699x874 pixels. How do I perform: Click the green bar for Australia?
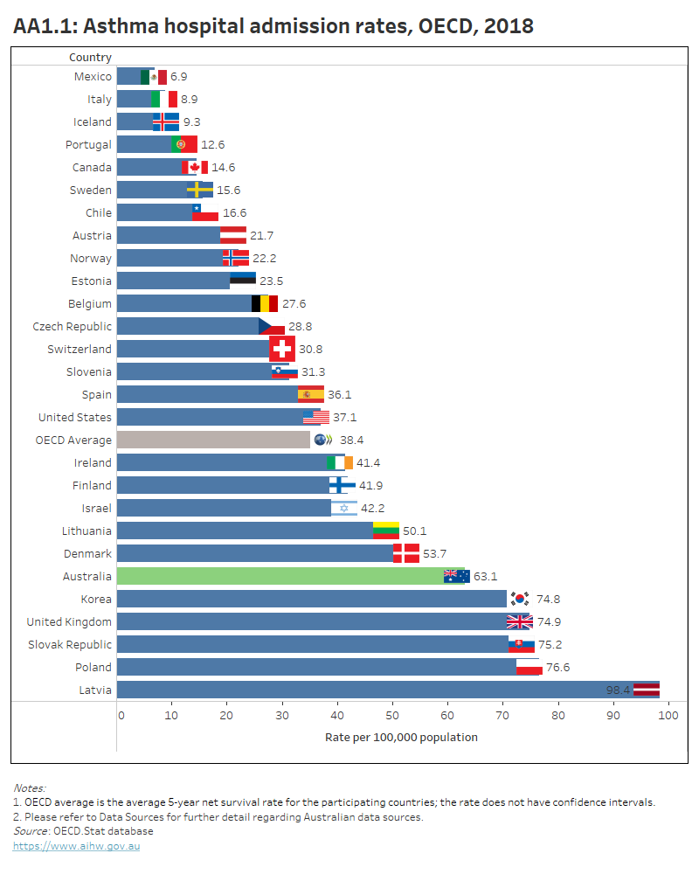pos(280,576)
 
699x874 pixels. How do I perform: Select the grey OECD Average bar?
pos(213,440)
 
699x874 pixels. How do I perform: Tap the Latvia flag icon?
pos(647,690)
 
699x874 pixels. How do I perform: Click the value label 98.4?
pos(619,690)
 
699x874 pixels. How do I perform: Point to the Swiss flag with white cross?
pos(281,349)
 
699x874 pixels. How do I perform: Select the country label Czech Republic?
pos(72,326)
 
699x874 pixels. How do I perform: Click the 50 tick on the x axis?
pos(392,716)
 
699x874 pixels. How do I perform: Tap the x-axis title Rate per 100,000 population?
pos(401,737)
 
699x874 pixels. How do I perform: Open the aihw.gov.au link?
pos(76,846)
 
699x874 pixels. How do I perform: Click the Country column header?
pos(90,58)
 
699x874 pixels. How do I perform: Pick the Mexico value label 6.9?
pos(178,77)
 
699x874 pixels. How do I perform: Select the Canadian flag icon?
pos(194,167)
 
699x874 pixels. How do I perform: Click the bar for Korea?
pos(310,599)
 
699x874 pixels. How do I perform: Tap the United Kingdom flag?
pos(519,621)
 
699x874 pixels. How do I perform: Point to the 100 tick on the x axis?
pos(668,716)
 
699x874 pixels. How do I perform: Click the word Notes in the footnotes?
pos(29,787)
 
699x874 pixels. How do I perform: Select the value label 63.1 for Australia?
pos(485,576)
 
